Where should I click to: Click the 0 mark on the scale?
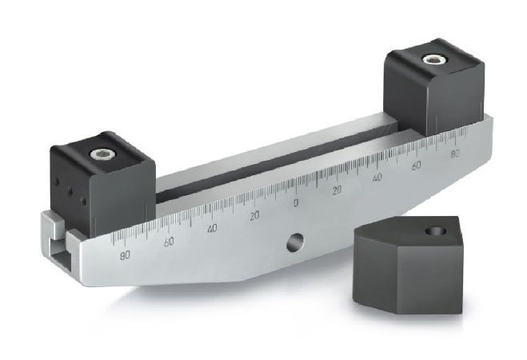296,203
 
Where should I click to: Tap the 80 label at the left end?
124,256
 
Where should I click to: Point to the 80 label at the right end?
455,154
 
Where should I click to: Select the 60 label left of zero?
169,242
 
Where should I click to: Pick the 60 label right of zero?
416,165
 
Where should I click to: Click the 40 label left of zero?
212,229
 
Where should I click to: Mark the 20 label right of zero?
337,190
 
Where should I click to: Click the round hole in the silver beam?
295,241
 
